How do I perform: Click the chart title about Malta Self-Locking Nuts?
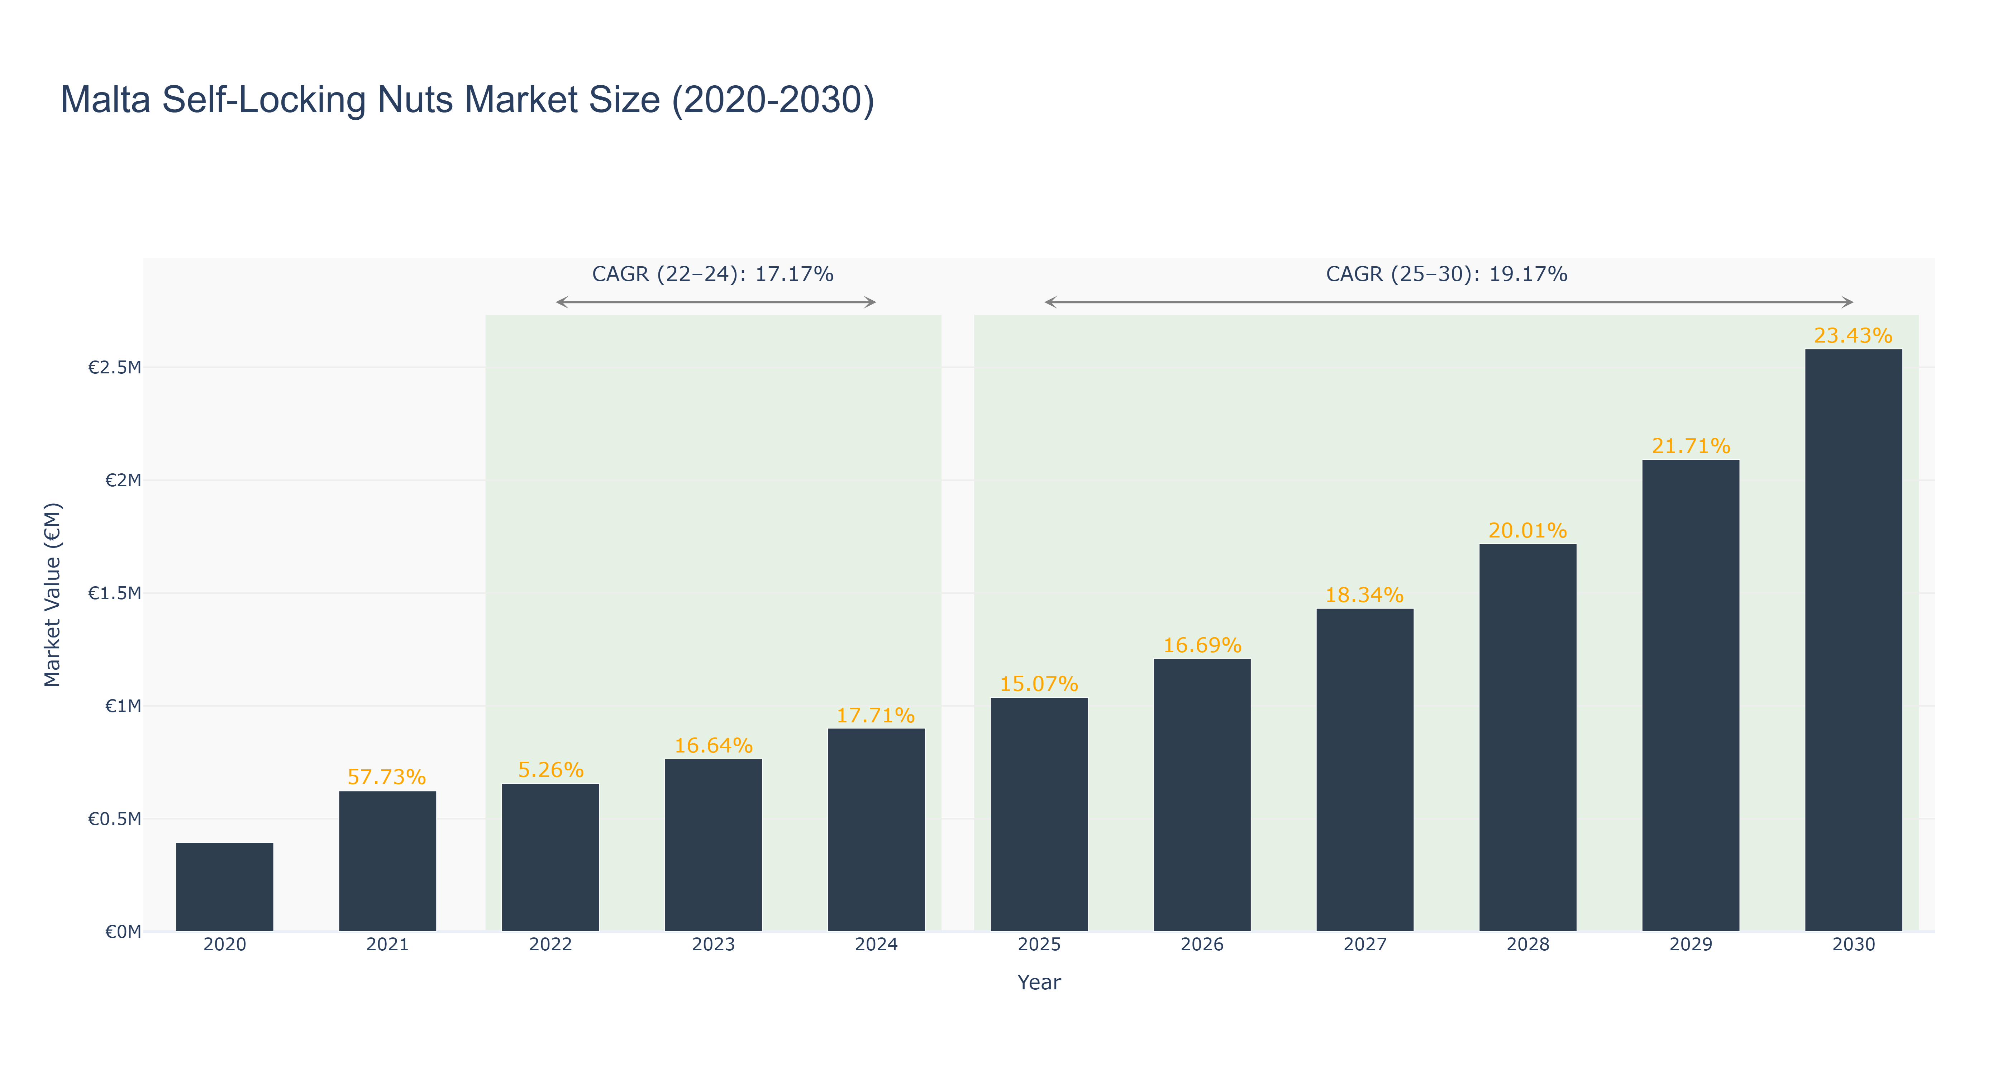(x=467, y=100)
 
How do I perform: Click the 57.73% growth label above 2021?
(x=386, y=778)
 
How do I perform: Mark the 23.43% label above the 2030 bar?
(x=1853, y=336)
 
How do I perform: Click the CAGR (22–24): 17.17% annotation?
(x=712, y=274)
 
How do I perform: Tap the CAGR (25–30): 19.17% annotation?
(x=1446, y=274)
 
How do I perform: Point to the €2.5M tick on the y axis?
(x=115, y=368)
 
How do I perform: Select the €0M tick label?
(x=123, y=932)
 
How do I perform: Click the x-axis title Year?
(x=1039, y=982)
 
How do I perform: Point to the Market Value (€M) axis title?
(x=52, y=594)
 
